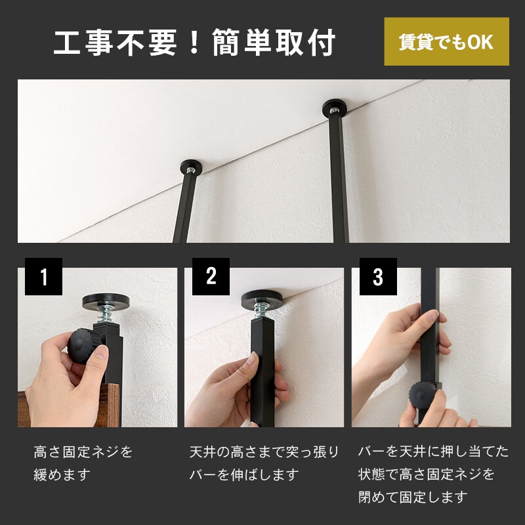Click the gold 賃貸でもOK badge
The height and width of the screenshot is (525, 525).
tap(446, 42)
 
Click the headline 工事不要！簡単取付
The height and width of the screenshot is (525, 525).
tap(195, 43)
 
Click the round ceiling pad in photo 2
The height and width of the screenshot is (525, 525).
tap(263, 301)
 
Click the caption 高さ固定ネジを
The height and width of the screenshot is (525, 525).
tap(83, 452)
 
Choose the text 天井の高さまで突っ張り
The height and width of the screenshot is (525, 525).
tap(264, 452)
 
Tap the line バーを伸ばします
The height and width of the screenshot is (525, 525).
tap(244, 474)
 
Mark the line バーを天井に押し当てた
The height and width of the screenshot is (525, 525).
tap(433, 452)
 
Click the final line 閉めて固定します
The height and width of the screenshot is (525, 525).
tap(413, 497)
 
